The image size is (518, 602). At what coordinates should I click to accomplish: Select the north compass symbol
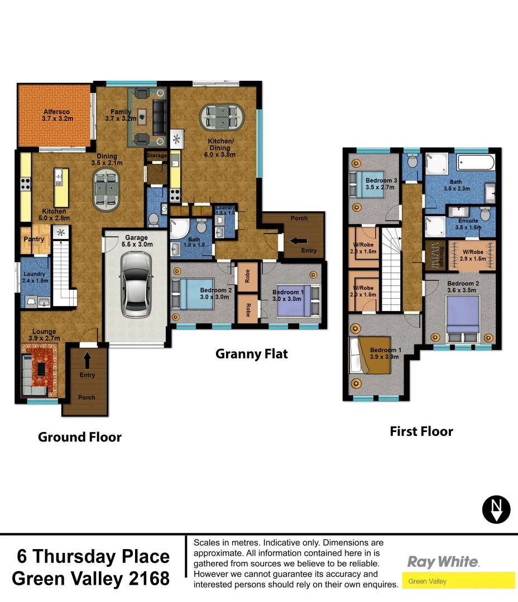click(496, 509)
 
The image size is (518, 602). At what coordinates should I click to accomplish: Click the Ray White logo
click(443, 561)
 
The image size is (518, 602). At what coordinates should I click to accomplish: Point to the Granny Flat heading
click(252, 353)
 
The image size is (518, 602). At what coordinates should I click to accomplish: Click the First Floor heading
click(421, 431)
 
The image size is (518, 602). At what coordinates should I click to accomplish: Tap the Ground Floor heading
click(79, 437)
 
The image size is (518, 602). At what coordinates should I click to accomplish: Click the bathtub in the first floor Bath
click(476, 163)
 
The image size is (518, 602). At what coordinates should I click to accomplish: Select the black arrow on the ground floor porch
click(88, 357)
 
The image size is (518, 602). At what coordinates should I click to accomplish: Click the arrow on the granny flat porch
click(292, 241)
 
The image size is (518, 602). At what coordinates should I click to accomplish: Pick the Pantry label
click(33, 240)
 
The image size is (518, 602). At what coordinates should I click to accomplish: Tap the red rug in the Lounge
click(40, 367)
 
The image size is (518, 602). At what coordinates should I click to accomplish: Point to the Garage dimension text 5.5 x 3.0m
click(136, 244)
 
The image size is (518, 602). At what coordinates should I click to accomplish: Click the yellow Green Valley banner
click(458, 581)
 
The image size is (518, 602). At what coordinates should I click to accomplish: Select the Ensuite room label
click(468, 221)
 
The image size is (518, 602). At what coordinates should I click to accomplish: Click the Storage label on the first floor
click(441, 255)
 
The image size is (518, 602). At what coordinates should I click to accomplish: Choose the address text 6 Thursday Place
click(93, 556)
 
